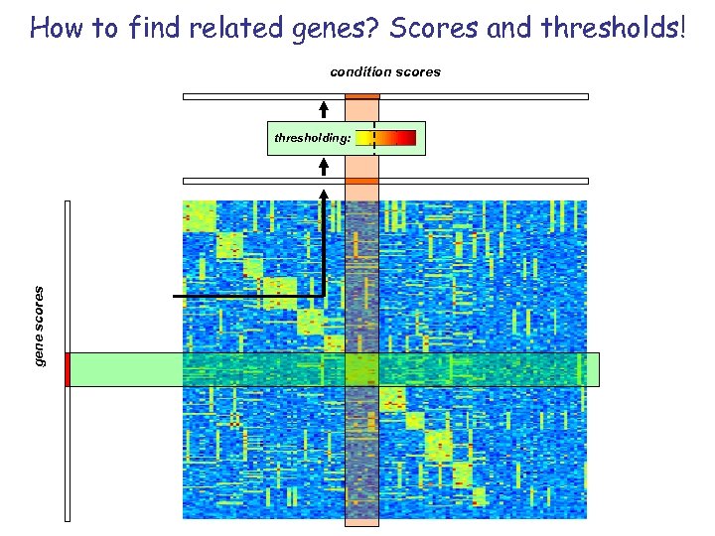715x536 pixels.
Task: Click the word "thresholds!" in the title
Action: click(x=615, y=28)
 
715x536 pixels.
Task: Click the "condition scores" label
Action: click(x=385, y=71)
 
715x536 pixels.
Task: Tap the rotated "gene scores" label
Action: click(x=40, y=326)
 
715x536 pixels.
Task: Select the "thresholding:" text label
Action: click(x=312, y=139)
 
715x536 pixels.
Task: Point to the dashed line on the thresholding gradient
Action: click(x=374, y=138)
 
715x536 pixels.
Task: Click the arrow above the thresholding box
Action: click(x=324, y=109)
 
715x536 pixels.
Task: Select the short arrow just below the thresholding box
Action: click(x=324, y=167)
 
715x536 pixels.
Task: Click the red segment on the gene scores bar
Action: click(x=67, y=369)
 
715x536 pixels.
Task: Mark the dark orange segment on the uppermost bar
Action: click(x=362, y=96)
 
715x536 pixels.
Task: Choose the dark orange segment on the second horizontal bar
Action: click(x=362, y=181)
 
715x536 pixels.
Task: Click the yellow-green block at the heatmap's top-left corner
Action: click(x=200, y=215)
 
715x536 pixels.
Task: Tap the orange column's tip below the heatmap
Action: click(x=362, y=522)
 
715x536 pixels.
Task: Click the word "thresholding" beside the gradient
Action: click(x=310, y=139)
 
